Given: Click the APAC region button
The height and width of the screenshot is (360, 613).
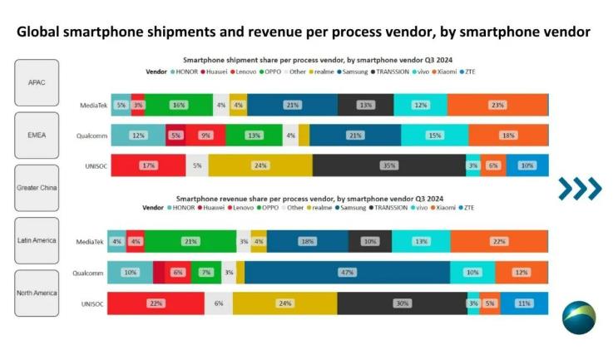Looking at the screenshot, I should [37, 82].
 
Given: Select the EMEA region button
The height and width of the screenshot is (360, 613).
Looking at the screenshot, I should [37, 135].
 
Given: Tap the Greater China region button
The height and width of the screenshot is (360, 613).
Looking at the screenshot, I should [37, 188].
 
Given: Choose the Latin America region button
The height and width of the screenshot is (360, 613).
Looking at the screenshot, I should [37, 240].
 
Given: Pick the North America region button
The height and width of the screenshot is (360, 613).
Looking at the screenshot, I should [37, 293].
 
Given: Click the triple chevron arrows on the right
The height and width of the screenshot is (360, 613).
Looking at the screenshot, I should [579, 189].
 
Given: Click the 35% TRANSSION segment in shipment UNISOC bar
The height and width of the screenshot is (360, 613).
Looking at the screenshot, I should [388, 165].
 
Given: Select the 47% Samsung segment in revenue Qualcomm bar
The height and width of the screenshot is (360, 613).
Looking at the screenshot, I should [347, 272].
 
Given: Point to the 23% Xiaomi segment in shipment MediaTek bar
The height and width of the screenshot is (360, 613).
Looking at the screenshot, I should [497, 105].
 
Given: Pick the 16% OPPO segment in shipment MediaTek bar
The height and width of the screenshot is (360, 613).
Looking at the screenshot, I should [177, 105].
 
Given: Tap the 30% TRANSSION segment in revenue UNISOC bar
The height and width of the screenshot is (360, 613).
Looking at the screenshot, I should [401, 303].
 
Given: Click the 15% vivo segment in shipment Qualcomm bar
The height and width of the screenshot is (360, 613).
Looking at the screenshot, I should [434, 135].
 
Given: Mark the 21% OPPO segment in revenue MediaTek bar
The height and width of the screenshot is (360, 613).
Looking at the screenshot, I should [190, 241].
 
